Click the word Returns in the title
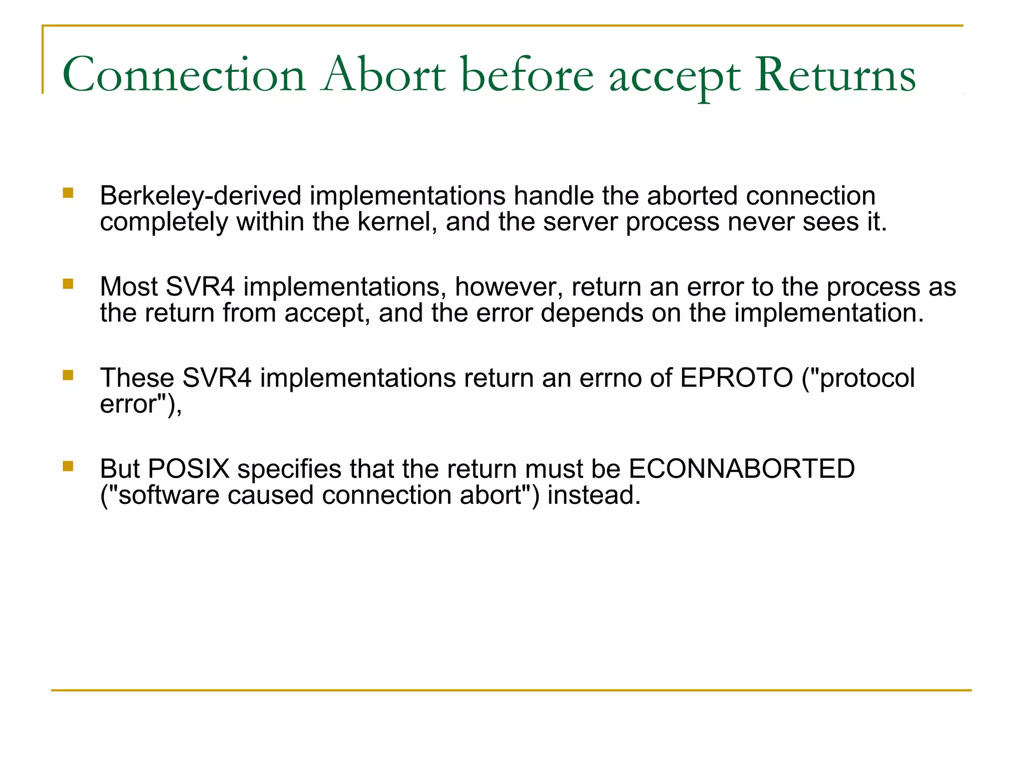pyautogui.click(x=835, y=75)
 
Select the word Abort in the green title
pyautogui.click(x=383, y=75)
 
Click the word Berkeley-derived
pyautogui.click(x=201, y=196)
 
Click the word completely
pyautogui.click(x=164, y=222)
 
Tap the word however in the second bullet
pyautogui.click(x=509, y=287)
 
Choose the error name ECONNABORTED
pyautogui.click(x=741, y=469)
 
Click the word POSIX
pyautogui.click(x=189, y=469)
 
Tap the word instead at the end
pyautogui.click(x=594, y=495)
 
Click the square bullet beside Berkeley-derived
pyautogui.click(x=68, y=193)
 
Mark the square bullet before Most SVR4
pyautogui.click(x=68, y=284)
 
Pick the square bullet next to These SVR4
pyautogui.click(x=68, y=375)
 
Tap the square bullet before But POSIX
pyautogui.click(x=68, y=466)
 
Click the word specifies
pyautogui.click(x=289, y=469)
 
